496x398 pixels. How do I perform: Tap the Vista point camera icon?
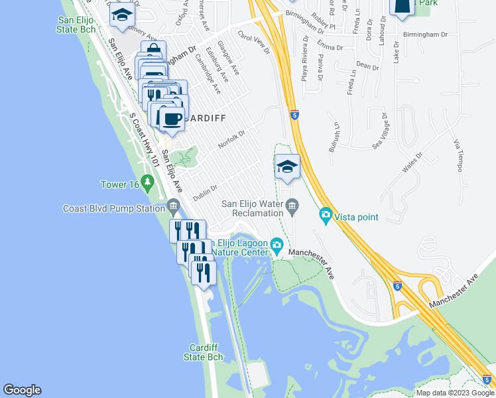(326, 215)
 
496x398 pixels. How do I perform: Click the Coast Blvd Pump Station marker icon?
(174, 206)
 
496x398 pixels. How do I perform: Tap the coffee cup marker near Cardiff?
(171, 118)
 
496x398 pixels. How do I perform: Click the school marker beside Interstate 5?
(288, 166)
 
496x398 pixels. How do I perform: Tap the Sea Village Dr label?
(383, 130)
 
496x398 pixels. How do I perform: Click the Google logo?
(22, 390)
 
